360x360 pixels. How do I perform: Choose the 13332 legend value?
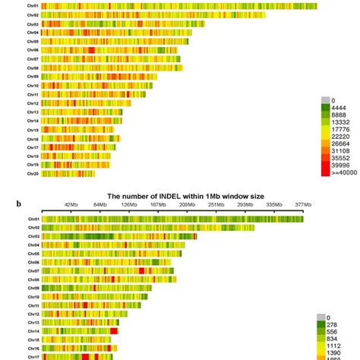click(x=336, y=123)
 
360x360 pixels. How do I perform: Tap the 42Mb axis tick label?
click(x=71, y=204)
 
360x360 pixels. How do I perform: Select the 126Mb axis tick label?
click(x=129, y=204)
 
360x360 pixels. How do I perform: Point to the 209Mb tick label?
click(x=187, y=204)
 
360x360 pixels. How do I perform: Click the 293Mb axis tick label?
click(x=245, y=204)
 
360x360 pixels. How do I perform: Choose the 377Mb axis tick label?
click(x=303, y=204)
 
